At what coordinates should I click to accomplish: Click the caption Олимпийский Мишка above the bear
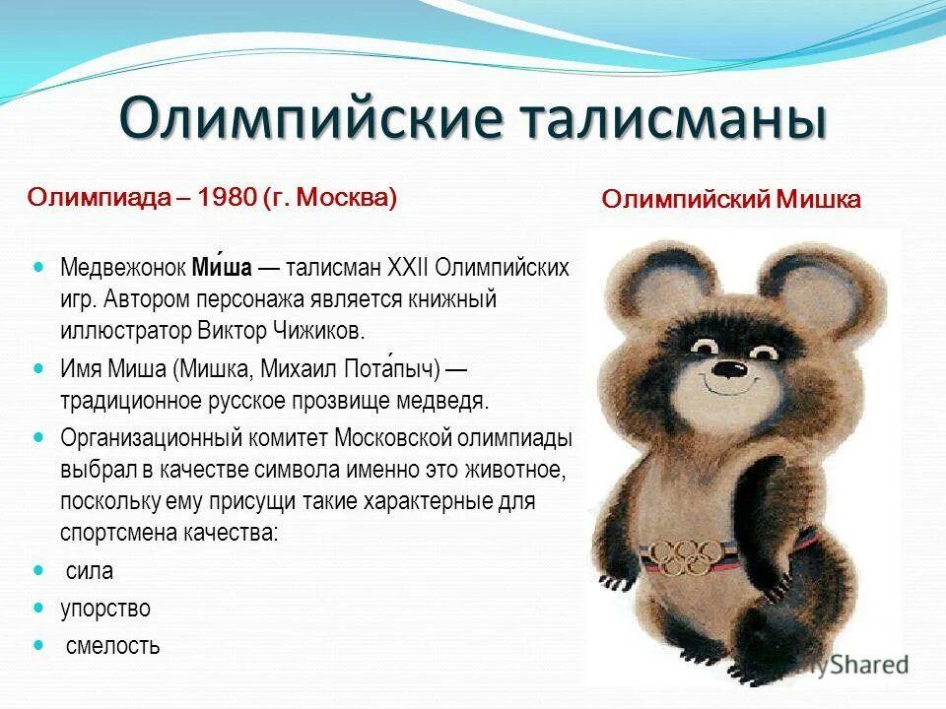[x=731, y=200]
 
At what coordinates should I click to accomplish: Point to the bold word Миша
[x=222, y=267]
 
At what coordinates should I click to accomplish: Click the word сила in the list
[x=90, y=570]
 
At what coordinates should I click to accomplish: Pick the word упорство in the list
[x=104, y=609]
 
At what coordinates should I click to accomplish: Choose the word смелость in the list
[x=112, y=646]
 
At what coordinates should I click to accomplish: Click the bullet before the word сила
[x=39, y=570]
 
